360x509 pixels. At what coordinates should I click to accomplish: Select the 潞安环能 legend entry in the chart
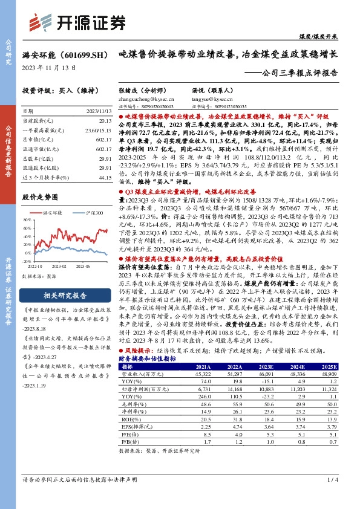pyautogui.click(x=54, y=213)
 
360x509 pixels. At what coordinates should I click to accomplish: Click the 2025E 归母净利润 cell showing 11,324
pyautogui.click(x=329, y=392)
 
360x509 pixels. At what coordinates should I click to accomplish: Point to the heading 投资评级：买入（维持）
pyautogui.click(x=56, y=90)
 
